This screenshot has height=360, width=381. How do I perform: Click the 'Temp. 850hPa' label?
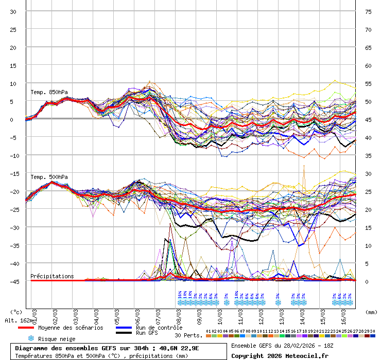click(49, 93)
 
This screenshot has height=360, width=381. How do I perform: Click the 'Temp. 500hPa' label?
click(49, 177)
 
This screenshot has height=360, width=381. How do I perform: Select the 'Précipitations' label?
click(52, 276)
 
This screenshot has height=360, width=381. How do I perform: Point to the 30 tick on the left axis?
click(13, 12)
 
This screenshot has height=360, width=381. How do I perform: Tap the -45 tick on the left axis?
click(13, 281)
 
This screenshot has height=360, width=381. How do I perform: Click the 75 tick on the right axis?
click(369, 12)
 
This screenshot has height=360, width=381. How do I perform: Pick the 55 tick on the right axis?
click(369, 84)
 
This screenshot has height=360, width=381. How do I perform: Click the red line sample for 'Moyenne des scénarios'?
click(26, 328)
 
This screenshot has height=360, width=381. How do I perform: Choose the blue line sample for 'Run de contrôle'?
click(124, 328)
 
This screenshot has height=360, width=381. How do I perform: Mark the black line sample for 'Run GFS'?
click(124, 333)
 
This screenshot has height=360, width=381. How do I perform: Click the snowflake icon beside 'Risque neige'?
click(31, 338)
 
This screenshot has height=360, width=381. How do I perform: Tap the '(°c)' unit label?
click(16, 312)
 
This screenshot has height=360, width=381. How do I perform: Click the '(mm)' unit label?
click(371, 312)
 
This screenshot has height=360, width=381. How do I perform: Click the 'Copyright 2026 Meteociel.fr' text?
click(280, 355)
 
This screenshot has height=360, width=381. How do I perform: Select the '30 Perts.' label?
click(188, 335)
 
